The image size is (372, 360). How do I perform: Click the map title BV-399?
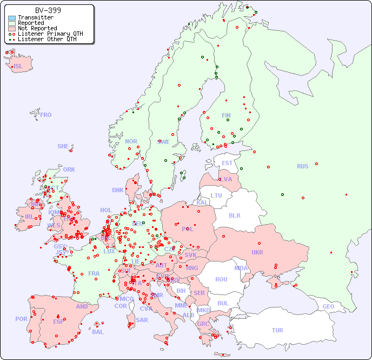click(x=48, y=10)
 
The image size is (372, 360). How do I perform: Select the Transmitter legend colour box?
click(x=12, y=18)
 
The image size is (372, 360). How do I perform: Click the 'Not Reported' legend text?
click(x=37, y=28)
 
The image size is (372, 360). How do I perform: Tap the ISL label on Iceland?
click(x=18, y=67)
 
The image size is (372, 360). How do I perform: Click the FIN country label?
click(x=226, y=115)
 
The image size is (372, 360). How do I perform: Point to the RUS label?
click(x=302, y=166)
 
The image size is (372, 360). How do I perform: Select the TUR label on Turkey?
click(x=277, y=330)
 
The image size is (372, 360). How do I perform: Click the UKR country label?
click(x=257, y=252)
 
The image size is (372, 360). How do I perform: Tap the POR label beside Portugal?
click(x=21, y=319)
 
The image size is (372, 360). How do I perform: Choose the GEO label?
click(x=328, y=306)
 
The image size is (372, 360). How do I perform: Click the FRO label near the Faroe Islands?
click(x=46, y=115)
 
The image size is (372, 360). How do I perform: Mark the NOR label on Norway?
click(x=131, y=141)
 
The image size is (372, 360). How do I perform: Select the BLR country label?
click(x=234, y=215)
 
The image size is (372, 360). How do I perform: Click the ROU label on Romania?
click(x=221, y=279)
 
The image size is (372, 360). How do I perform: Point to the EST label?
click(x=227, y=163)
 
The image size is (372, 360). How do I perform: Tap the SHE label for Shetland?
click(x=63, y=146)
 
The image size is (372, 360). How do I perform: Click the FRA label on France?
click(x=94, y=273)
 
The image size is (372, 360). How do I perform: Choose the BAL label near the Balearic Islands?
click(x=97, y=332)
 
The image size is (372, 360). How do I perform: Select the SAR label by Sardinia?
click(x=142, y=319)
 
